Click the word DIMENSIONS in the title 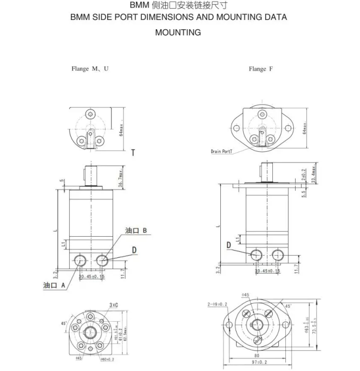point(164,17)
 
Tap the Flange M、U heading point(90,69)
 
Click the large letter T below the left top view point(133,153)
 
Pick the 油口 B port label point(136,231)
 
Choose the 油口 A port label point(54,285)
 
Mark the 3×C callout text point(114,305)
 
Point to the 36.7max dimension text point(122,179)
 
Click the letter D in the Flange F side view point(229,245)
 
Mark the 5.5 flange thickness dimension point(304,192)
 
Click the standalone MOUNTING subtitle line point(178,32)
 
